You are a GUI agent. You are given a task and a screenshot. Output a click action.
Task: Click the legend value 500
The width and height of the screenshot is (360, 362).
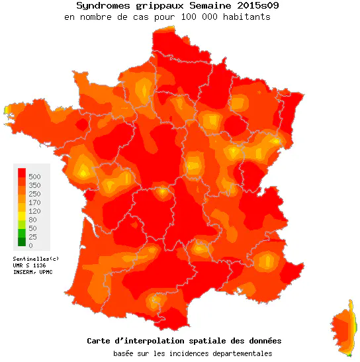(35, 177)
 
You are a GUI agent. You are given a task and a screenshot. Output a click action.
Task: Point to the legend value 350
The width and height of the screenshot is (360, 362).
(35, 185)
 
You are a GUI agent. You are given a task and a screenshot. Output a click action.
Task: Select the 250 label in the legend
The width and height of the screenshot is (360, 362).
(35, 194)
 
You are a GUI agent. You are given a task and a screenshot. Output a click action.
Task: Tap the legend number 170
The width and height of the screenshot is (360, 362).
(35, 203)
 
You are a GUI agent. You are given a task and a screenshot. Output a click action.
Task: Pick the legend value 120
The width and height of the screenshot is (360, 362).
(35, 211)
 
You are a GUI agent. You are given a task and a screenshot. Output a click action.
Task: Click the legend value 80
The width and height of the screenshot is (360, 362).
(33, 220)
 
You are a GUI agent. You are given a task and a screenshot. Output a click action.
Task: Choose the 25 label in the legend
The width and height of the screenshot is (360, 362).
(33, 237)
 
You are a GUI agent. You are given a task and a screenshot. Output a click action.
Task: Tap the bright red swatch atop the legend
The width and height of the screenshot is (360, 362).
(21, 173)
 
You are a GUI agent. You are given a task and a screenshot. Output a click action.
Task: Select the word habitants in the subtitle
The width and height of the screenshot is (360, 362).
(246, 17)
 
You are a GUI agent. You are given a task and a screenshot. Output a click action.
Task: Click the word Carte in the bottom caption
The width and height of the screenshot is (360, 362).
(99, 341)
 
